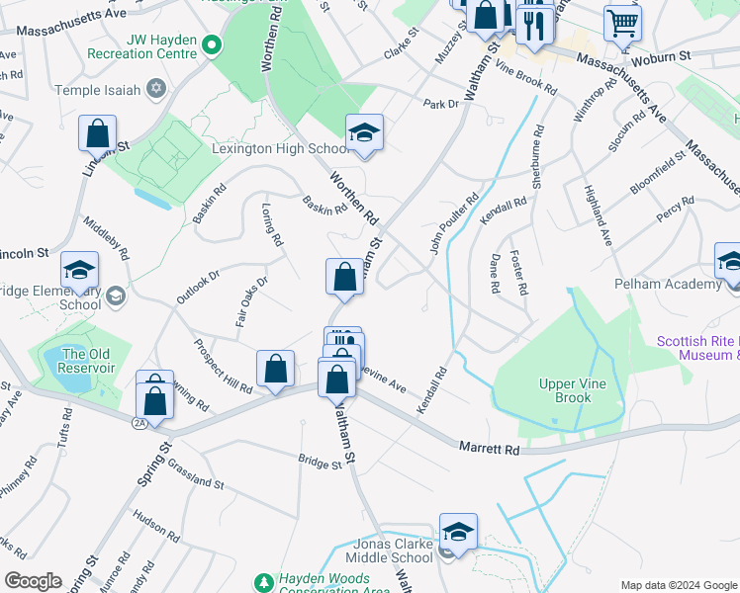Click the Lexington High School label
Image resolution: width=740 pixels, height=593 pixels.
[x=281, y=149]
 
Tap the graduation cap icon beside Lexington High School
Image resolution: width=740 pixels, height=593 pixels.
[x=364, y=133]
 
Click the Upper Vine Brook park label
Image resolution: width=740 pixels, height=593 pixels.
[x=565, y=390]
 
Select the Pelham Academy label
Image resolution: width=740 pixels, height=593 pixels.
[x=668, y=285]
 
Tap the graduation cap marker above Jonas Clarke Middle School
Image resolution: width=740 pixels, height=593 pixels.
[x=458, y=532]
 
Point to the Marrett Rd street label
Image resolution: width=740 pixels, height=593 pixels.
[x=490, y=449]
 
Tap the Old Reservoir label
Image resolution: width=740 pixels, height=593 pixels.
[x=88, y=361]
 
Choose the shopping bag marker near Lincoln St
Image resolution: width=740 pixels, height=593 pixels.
[x=98, y=133]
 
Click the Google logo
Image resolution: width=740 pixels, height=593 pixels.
[x=32, y=581]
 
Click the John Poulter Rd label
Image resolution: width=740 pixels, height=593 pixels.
[x=453, y=223]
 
